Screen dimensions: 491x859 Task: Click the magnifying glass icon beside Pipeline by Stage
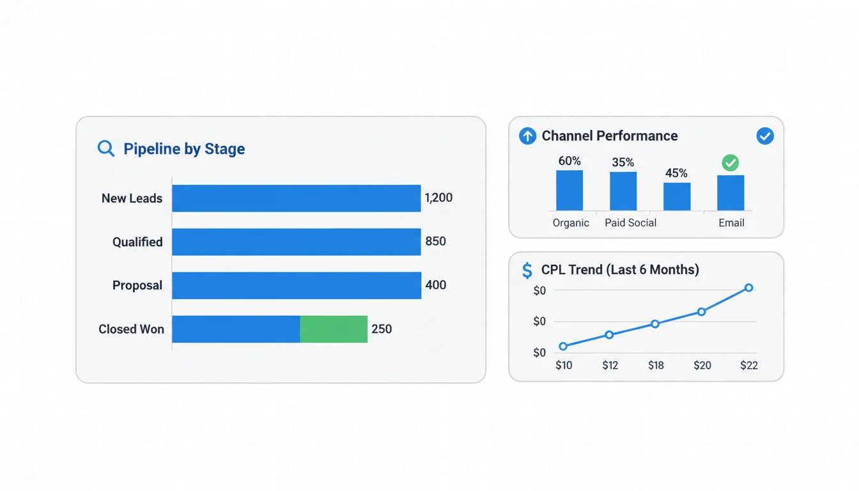105,149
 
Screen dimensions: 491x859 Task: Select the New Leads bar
296,198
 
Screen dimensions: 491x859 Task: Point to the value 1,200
438,198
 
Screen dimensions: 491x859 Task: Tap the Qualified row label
137,242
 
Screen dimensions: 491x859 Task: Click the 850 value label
435,242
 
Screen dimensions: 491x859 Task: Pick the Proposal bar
296,285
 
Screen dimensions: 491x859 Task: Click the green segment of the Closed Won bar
334,329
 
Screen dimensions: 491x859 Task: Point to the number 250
382,329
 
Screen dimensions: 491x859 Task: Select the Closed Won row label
131,329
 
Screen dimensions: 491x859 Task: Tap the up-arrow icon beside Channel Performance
527,136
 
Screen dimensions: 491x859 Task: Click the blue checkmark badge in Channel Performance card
764,136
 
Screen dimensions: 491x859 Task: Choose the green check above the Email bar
730,163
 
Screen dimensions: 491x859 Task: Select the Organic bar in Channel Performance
569,190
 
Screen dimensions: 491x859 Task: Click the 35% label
623,162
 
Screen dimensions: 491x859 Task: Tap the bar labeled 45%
677,196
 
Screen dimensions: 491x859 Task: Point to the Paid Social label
630,222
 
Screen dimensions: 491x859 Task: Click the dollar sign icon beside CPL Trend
527,270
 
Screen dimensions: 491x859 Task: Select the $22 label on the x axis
749,366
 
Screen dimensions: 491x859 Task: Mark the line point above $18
655,323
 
